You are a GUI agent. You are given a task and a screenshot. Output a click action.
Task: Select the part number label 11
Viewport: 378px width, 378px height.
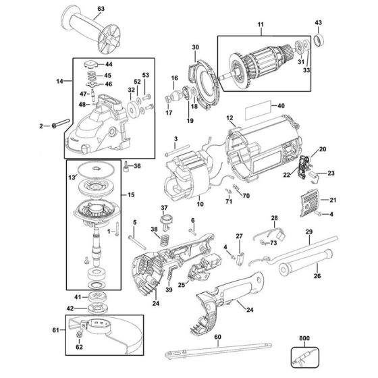261,27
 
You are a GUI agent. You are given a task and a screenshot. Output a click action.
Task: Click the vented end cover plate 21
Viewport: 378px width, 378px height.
309,201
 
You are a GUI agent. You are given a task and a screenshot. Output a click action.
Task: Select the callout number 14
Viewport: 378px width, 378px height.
59,81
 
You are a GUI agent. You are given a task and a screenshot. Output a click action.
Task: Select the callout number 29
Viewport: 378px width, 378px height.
308,232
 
